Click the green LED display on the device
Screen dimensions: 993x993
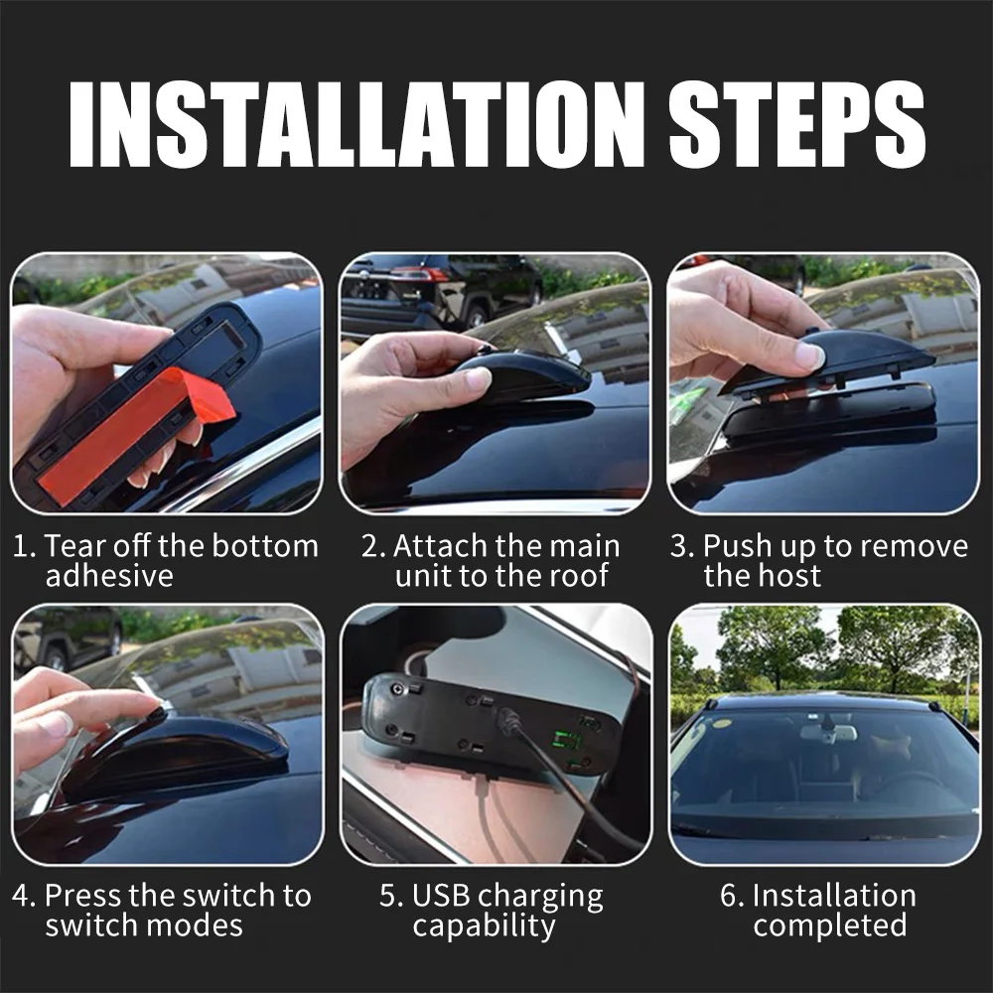(567, 742)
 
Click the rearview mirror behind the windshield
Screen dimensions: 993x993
(828, 732)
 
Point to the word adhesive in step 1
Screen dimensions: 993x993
(109, 576)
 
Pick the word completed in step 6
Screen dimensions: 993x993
(829, 925)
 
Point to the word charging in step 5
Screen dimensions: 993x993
(542, 898)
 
